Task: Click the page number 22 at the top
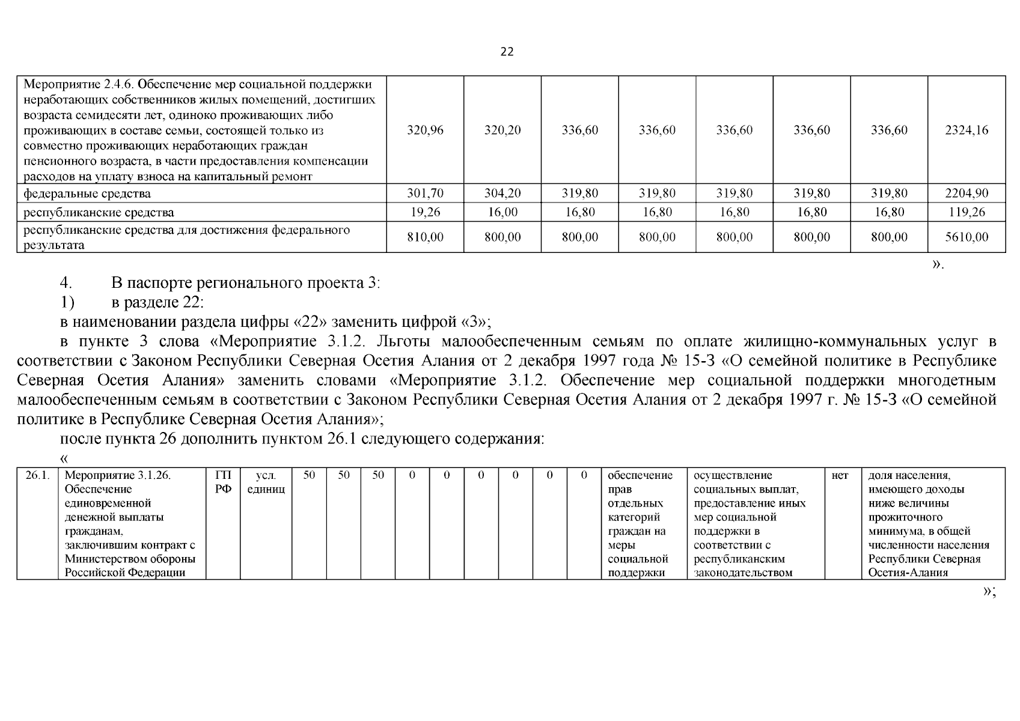coord(507,52)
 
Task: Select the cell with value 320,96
coord(425,130)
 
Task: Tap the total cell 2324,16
coord(967,130)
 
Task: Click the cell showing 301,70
coord(425,193)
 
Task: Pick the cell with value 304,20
coord(502,193)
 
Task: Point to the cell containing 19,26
coord(425,212)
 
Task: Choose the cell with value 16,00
coord(502,212)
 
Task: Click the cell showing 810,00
coord(425,237)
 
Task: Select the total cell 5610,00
coord(967,237)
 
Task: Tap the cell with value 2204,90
coord(967,193)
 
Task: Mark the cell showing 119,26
coord(967,212)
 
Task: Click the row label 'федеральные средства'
coord(87,193)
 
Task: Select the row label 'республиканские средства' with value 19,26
coord(99,212)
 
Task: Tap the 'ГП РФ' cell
coord(223,482)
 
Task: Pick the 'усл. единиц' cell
coord(266,482)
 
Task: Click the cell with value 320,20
coord(502,130)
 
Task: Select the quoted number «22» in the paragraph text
coord(308,322)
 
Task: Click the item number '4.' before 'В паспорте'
coord(66,282)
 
